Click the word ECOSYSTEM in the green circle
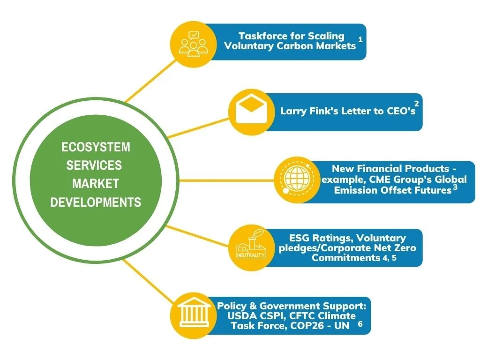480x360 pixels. tap(96, 147)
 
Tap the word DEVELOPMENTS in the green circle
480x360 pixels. tap(96, 202)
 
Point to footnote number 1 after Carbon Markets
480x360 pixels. tap(360, 39)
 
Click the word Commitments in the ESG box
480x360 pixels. tap(345, 258)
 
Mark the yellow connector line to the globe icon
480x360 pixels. tap(225, 180)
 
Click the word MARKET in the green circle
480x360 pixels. tap(96, 183)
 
